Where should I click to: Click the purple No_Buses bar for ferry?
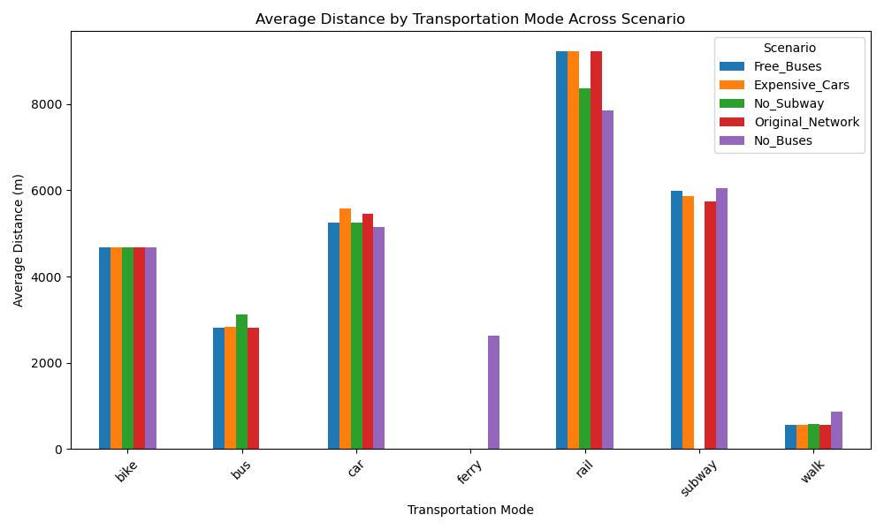tap(493, 392)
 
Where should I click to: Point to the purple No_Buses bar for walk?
tap(836, 430)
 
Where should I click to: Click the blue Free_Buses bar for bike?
tap(104, 348)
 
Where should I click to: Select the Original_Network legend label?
tap(806, 122)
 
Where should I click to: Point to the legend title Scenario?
tap(789, 48)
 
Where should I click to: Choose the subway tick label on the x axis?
tap(699, 477)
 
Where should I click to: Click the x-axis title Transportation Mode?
tap(470, 510)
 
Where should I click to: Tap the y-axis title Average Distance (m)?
tap(18, 240)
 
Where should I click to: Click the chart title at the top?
tap(470, 19)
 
